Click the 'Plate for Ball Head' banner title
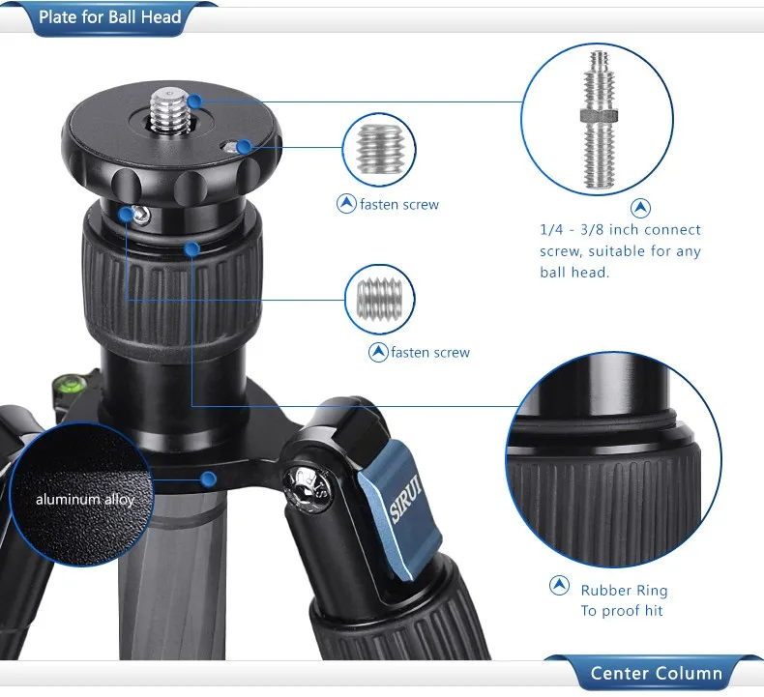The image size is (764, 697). (109, 17)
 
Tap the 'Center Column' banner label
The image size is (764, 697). (656, 673)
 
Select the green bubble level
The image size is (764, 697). (69, 383)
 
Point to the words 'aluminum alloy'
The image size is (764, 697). (85, 500)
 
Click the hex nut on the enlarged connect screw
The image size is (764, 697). (599, 116)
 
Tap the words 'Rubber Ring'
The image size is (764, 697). (624, 591)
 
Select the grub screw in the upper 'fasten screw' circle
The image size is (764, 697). (379, 149)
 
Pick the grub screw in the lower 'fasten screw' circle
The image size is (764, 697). (379, 300)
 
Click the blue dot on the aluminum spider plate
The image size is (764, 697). (209, 479)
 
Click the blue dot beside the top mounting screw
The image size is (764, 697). (195, 102)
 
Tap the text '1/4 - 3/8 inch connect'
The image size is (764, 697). (620, 229)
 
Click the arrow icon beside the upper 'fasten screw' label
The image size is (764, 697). (346, 204)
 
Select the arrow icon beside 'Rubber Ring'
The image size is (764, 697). (559, 585)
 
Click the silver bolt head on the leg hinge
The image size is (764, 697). (308, 488)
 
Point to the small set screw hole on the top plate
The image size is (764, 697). (228, 147)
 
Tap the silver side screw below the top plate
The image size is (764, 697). (141, 215)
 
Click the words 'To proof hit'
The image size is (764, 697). (622, 611)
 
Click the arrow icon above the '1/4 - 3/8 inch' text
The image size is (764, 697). (641, 208)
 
